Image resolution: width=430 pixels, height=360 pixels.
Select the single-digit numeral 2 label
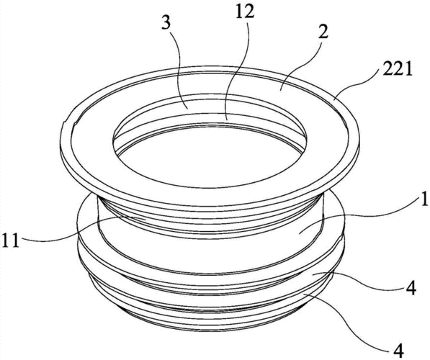323,33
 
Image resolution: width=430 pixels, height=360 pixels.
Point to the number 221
395,70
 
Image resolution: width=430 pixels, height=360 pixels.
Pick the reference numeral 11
11,241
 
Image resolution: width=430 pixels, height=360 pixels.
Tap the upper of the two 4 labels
411,289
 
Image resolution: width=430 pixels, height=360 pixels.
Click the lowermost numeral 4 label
398,351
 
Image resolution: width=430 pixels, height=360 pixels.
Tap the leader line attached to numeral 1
359,217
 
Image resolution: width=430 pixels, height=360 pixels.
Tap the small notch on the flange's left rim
64,123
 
